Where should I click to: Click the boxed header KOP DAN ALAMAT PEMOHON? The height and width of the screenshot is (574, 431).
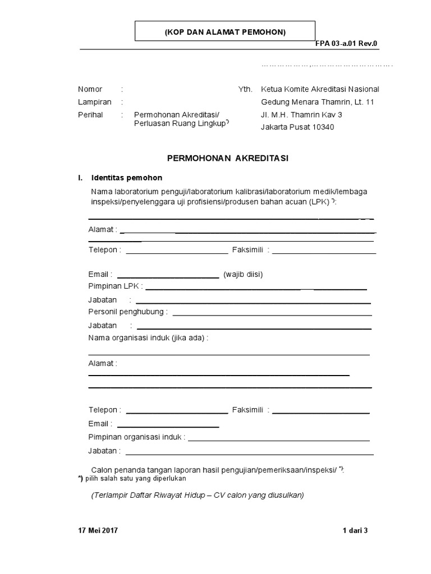click(225, 32)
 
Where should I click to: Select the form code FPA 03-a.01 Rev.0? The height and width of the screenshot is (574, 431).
click(347, 44)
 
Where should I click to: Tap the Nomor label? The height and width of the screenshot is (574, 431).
click(90, 89)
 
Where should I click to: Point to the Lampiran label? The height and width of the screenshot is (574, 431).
click(94, 102)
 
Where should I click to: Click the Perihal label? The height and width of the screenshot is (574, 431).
click(90, 115)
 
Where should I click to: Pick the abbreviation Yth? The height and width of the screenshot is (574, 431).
click(245, 89)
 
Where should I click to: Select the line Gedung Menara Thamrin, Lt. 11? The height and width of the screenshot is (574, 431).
click(317, 102)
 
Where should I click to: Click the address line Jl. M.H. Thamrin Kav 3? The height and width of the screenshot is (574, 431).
click(301, 115)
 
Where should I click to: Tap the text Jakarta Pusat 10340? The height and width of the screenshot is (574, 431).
click(297, 127)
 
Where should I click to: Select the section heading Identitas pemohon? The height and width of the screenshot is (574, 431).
click(126, 178)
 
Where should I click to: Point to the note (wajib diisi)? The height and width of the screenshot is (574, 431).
click(243, 275)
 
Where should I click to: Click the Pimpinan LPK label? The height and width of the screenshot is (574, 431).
click(114, 286)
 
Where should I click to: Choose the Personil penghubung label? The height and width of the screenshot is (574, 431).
click(126, 312)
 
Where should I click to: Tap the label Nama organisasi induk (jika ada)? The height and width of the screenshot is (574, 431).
click(148, 337)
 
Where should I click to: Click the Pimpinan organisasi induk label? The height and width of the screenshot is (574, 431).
click(136, 437)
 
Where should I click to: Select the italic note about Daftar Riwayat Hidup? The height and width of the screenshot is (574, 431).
click(197, 496)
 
